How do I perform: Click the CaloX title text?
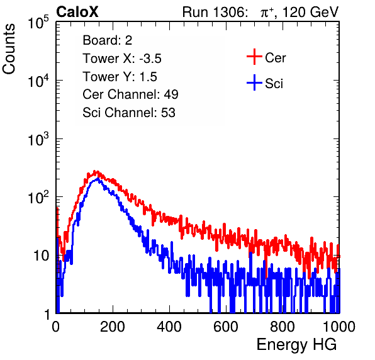point(77,12)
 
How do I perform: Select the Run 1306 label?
point(215,12)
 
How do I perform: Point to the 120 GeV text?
point(311,12)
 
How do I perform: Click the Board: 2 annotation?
point(108,40)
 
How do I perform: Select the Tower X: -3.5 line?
point(122,59)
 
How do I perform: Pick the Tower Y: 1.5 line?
point(120,77)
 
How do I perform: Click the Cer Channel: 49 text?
point(130,94)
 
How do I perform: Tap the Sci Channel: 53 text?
point(129,113)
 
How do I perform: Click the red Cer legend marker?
point(254,57)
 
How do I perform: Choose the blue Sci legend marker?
point(254,82)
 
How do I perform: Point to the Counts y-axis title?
point(9,49)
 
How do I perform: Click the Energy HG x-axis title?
point(297,345)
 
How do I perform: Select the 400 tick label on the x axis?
point(169,327)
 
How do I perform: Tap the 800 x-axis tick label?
point(283,327)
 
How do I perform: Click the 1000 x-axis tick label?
point(339,327)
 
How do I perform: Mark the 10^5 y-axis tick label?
point(38,23)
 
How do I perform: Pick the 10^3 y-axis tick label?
point(38,139)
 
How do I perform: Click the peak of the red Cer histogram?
point(95,171)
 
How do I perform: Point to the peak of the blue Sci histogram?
point(98,179)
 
